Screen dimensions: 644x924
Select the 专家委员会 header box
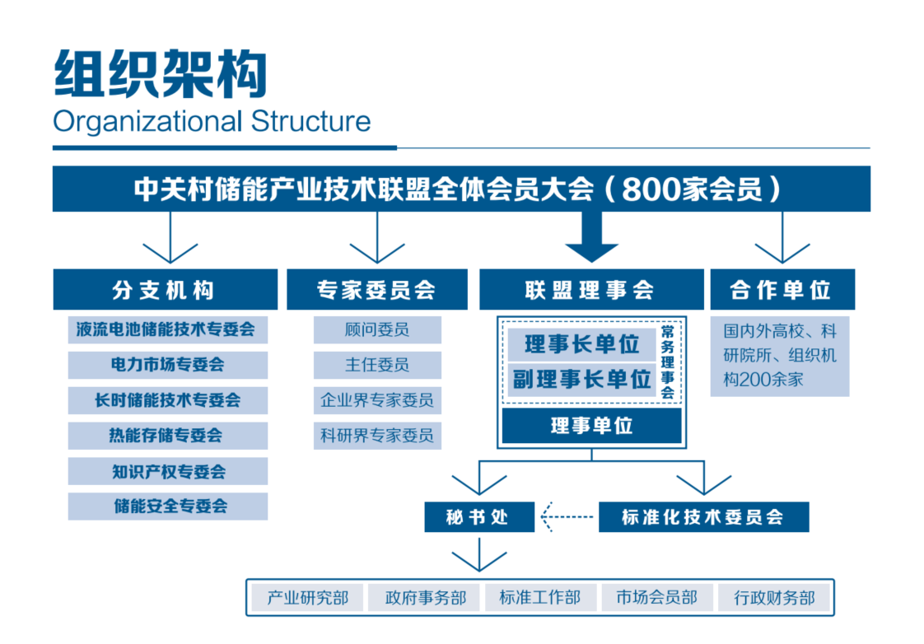[376, 290]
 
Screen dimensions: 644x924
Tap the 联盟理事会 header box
[590, 290]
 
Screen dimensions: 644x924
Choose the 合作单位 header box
[782, 290]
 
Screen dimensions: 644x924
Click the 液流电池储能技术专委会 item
[167, 330]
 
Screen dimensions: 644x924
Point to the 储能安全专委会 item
[167, 506]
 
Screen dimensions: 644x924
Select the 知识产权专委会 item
[167, 472]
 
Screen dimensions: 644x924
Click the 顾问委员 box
[377, 330]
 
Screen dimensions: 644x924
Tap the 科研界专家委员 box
[377, 436]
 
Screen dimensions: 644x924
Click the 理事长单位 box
[581, 343]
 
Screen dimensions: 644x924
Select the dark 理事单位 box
[591, 426]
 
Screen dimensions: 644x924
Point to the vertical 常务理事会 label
[668, 362]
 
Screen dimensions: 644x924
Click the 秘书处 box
[479, 517]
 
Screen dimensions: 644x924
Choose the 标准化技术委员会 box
[703, 517]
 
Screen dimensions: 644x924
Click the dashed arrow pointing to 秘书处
[568, 517]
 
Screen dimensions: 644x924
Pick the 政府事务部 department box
[425, 598]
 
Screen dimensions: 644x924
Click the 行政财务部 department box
[774, 598]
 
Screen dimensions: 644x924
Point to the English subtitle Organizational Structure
[212, 121]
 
